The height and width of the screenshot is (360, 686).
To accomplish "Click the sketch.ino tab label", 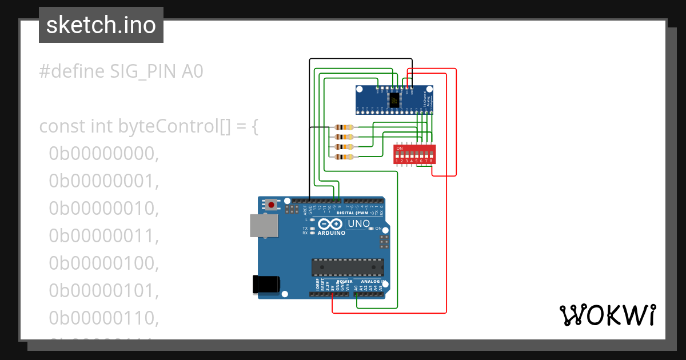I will point(101,25).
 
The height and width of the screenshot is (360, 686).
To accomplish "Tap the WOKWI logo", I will point(607,315).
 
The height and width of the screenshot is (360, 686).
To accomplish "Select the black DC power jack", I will point(266,285).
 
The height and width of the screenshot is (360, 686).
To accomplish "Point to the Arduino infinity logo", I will point(330,224).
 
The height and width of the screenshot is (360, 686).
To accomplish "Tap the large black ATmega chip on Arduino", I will point(347,267).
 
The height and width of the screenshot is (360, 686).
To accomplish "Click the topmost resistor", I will point(345,127).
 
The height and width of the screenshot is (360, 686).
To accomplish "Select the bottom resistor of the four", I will point(345,157).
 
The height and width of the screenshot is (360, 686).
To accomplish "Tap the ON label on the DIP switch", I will point(399,148).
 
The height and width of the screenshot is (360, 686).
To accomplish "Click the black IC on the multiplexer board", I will point(394,101).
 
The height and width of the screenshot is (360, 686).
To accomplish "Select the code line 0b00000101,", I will point(103,290).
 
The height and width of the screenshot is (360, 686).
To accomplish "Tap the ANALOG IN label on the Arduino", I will point(372,282).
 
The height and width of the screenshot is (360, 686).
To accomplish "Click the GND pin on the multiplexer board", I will point(412,90).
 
